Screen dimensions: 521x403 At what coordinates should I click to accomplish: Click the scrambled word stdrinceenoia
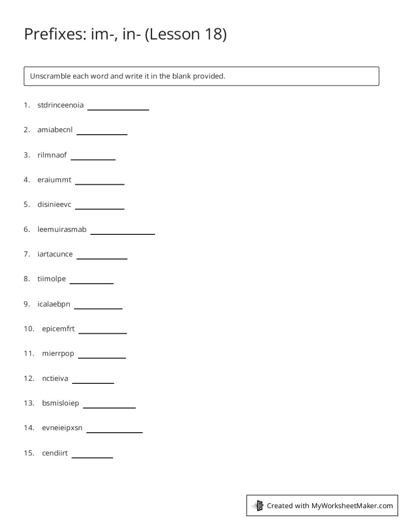coord(60,105)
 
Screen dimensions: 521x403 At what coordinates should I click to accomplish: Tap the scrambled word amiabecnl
coord(55,130)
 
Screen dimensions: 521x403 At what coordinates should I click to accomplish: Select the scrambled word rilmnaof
coord(52,155)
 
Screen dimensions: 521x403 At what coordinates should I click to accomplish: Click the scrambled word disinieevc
coord(54,204)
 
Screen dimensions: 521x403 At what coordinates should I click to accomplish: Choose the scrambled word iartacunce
coord(55,254)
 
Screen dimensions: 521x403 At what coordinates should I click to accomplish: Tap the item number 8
coord(27,279)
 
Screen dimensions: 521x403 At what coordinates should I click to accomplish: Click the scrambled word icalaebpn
coord(54,304)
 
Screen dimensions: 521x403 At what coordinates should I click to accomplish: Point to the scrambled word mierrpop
coord(58,353)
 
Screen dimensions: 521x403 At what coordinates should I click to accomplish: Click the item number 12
coord(29,378)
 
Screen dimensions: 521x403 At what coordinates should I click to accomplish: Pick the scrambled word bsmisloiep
coord(60,403)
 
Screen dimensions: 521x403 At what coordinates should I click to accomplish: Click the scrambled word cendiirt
coord(55,453)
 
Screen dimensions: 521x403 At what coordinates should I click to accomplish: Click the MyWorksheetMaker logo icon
coord(258,505)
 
